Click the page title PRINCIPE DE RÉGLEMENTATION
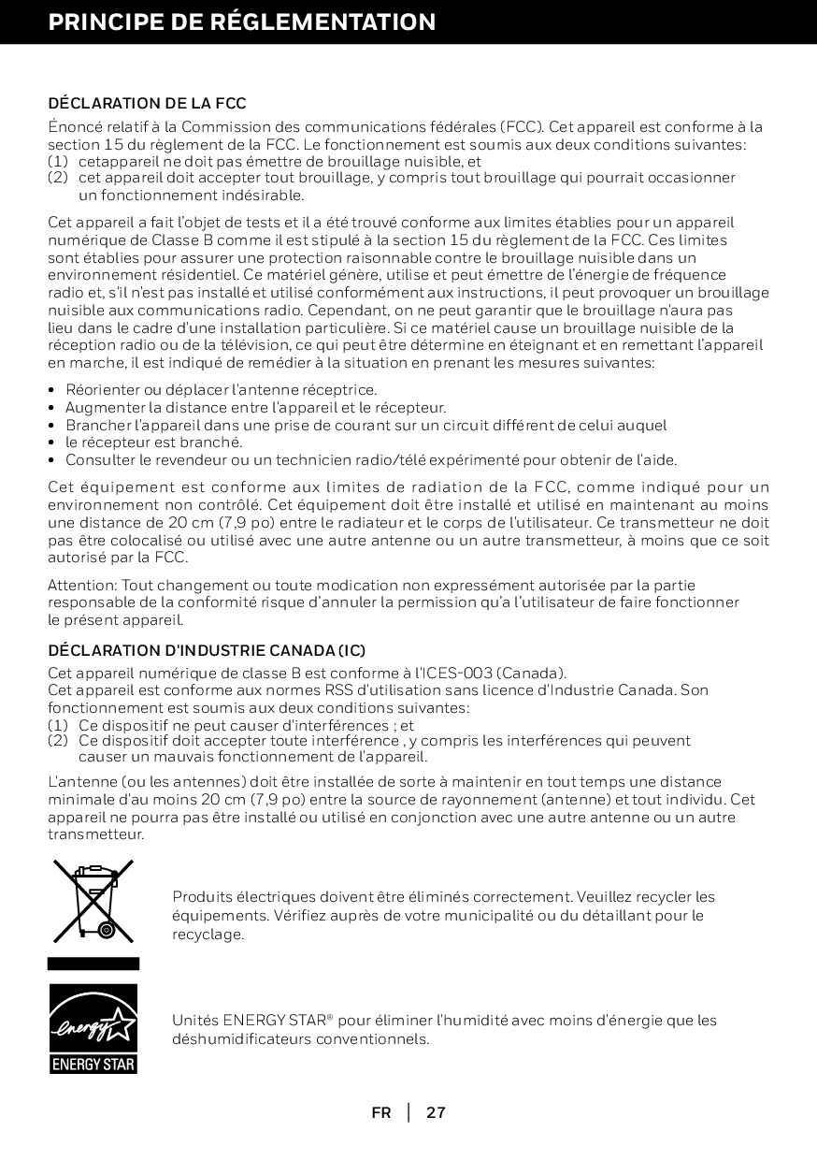(242, 22)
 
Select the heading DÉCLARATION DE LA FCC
(147, 103)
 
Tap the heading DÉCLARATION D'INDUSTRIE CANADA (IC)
(207, 650)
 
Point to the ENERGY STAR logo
(93, 1028)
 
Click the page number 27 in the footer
(436, 1113)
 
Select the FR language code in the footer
(381, 1113)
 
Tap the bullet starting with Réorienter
(222, 390)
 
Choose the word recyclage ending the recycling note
(207, 935)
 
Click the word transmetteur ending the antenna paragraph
(95, 834)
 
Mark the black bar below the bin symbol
(93, 964)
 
